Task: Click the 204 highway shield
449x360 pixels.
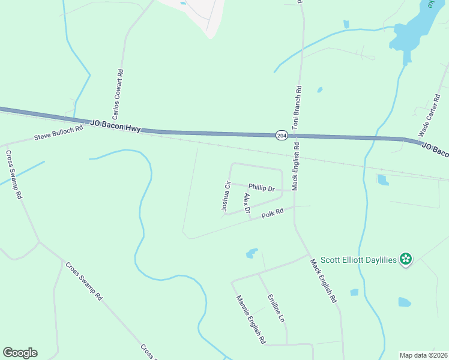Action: [282, 136]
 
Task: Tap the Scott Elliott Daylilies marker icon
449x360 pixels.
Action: [406, 259]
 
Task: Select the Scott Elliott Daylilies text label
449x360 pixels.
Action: [358, 260]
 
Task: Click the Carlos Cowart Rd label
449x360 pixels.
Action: [118, 94]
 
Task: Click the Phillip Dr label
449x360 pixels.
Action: [261, 188]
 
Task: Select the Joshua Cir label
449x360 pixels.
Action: [226, 197]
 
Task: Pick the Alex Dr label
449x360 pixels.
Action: [246, 202]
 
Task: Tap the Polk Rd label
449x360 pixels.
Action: [272, 214]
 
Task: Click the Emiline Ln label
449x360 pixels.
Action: [276, 308]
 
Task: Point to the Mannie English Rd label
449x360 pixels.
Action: [250, 319]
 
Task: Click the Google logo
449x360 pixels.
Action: [20, 353]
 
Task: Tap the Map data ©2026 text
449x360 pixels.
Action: [424, 355]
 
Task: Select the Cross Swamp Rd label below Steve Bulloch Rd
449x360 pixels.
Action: [14, 174]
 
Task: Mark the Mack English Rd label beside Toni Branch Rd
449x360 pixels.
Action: [295, 170]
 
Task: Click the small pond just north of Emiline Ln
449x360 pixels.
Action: [252, 253]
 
